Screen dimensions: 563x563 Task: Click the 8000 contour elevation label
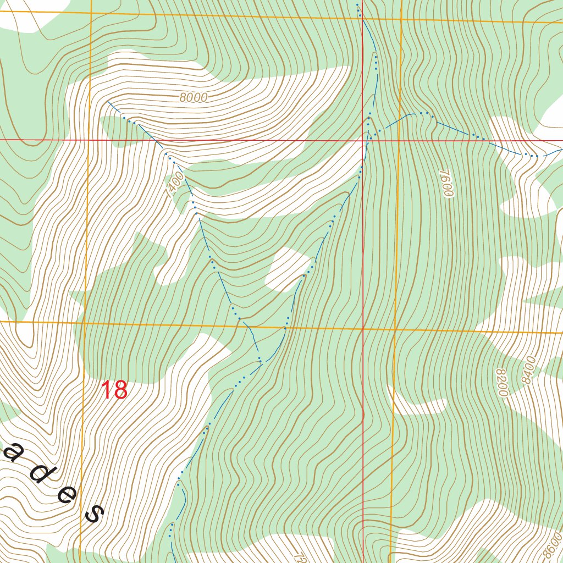point(193,98)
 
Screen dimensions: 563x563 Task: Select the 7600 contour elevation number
point(446,183)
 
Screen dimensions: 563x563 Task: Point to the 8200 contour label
point(501,382)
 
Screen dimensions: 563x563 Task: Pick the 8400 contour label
point(528,370)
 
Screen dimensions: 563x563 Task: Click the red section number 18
point(114,390)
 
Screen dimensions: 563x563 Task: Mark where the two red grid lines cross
point(363,141)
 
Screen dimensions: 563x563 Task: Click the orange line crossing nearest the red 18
point(84,323)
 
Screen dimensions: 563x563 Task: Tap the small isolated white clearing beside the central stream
point(287,268)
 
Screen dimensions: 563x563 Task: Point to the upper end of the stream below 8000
point(108,102)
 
